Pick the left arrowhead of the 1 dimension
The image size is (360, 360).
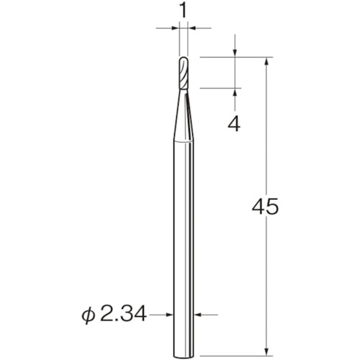pos(175,28)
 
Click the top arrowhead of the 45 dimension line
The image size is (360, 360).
pos(268,61)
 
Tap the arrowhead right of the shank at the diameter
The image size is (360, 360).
pos(197,315)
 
